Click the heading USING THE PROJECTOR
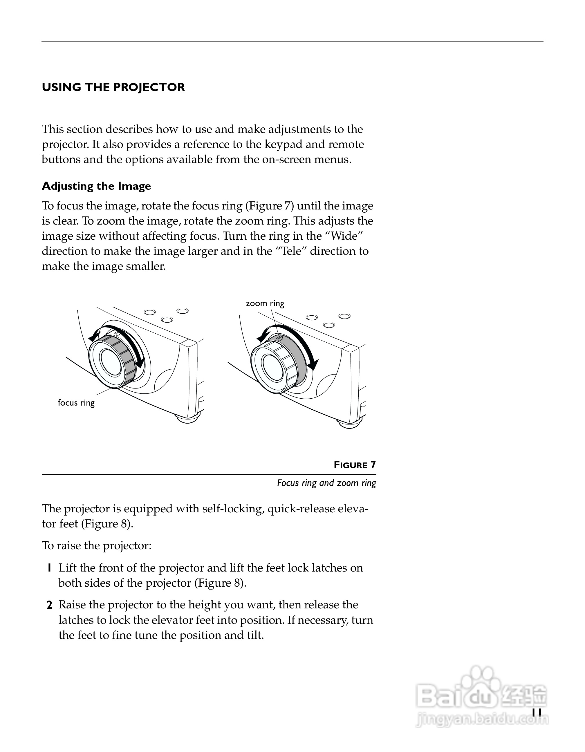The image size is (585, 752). (113, 87)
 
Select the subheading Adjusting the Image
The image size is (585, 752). (96, 186)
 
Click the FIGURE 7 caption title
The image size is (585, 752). (355, 465)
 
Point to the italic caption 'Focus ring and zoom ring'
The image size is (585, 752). (326, 483)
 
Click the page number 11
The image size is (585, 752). (537, 713)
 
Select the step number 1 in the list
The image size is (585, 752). (50, 568)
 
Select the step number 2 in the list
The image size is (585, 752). (50, 605)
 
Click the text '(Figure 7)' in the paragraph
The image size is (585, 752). (270, 206)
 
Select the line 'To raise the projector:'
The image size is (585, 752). (97, 546)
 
